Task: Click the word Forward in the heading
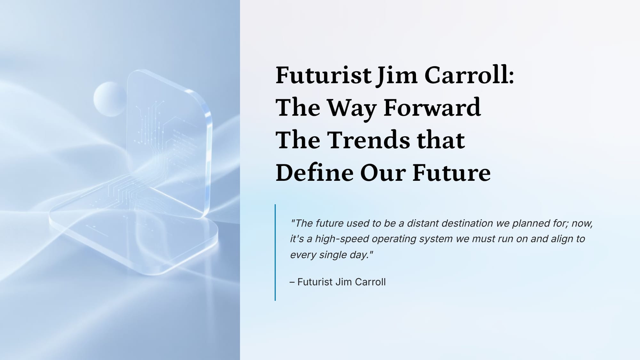pos(432,108)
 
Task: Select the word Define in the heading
pos(314,173)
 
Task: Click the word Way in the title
pos(351,109)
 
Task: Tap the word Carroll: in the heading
pos(469,76)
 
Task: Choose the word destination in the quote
pos(467,223)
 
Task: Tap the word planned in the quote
pos(531,223)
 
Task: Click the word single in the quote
pos(333,255)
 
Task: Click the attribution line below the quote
pos(338,282)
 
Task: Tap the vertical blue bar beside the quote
pos(275,252)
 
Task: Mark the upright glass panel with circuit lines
pos(170,144)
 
